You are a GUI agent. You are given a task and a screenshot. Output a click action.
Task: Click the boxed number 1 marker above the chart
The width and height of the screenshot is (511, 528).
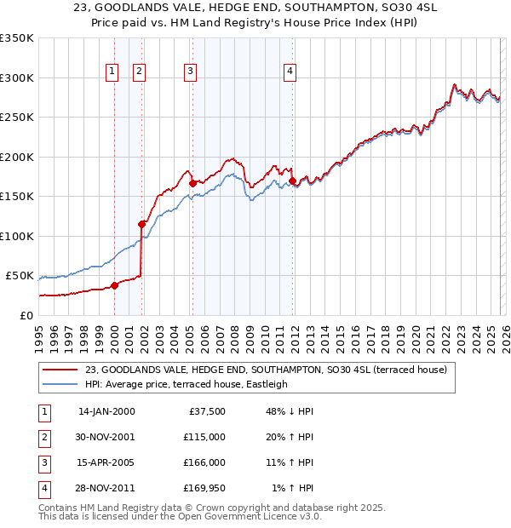pyautogui.click(x=112, y=72)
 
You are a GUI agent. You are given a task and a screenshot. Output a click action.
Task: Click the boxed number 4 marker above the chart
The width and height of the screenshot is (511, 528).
pyautogui.click(x=290, y=72)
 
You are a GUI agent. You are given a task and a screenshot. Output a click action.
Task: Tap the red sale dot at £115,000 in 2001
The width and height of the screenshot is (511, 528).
pyautogui.click(x=142, y=224)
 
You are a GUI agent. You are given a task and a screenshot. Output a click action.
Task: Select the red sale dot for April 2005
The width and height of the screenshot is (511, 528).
pyautogui.click(x=192, y=183)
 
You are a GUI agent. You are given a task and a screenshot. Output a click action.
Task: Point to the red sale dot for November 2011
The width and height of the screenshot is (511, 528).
pyautogui.click(x=292, y=181)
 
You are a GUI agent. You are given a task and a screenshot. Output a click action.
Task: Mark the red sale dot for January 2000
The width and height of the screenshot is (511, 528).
pyautogui.click(x=114, y=285)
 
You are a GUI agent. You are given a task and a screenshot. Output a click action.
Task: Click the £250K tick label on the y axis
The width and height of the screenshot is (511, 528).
pyautogui.click(x=16, y=118)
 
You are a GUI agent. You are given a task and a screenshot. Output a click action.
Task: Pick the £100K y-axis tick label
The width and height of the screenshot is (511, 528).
pyautogui.click(x=16, y=236)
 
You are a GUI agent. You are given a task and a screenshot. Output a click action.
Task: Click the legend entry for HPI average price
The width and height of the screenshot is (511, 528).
pyautogui.click(x=187, y=384)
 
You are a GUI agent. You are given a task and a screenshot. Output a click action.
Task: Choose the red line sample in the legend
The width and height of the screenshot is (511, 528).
pyautogui.click(x=60, y=369)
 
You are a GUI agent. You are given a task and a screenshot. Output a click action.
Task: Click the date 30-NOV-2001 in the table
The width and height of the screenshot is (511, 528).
pyautogui.click(x=106, y=437)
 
